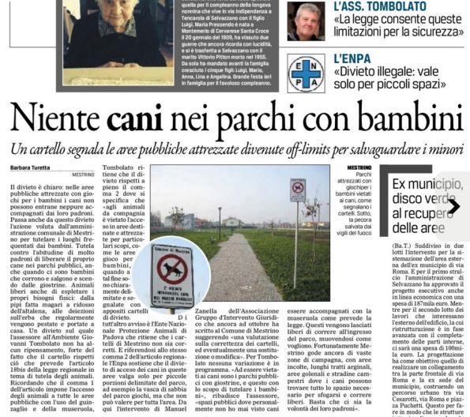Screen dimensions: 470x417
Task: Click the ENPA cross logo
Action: click(306, 72)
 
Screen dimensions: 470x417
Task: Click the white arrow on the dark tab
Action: click(453, 207)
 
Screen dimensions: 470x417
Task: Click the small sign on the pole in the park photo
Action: click(297, 190)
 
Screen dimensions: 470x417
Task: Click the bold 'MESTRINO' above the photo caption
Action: click(359, 167)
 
